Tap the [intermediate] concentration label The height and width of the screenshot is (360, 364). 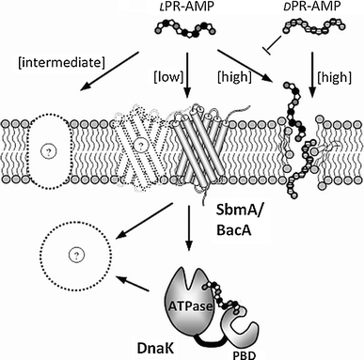(x=55, y=62)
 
